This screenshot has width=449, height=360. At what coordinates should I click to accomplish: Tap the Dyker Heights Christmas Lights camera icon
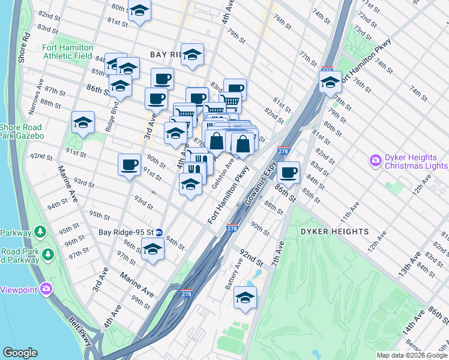[376, 161]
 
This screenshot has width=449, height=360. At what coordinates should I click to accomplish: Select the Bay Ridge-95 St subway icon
[159, 232]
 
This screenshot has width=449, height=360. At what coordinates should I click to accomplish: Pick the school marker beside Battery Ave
[245, 298]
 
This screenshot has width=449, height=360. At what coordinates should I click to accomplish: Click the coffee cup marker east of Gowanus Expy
[288, 172]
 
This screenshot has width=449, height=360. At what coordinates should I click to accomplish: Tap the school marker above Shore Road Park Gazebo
[83, 123]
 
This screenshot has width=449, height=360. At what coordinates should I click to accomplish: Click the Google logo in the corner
[20, 353]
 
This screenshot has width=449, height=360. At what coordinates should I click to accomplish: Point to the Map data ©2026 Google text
[412, 355]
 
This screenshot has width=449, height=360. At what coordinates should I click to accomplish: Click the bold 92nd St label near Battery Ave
[252, 258]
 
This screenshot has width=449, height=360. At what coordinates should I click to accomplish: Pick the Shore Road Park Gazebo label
[22, 131]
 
